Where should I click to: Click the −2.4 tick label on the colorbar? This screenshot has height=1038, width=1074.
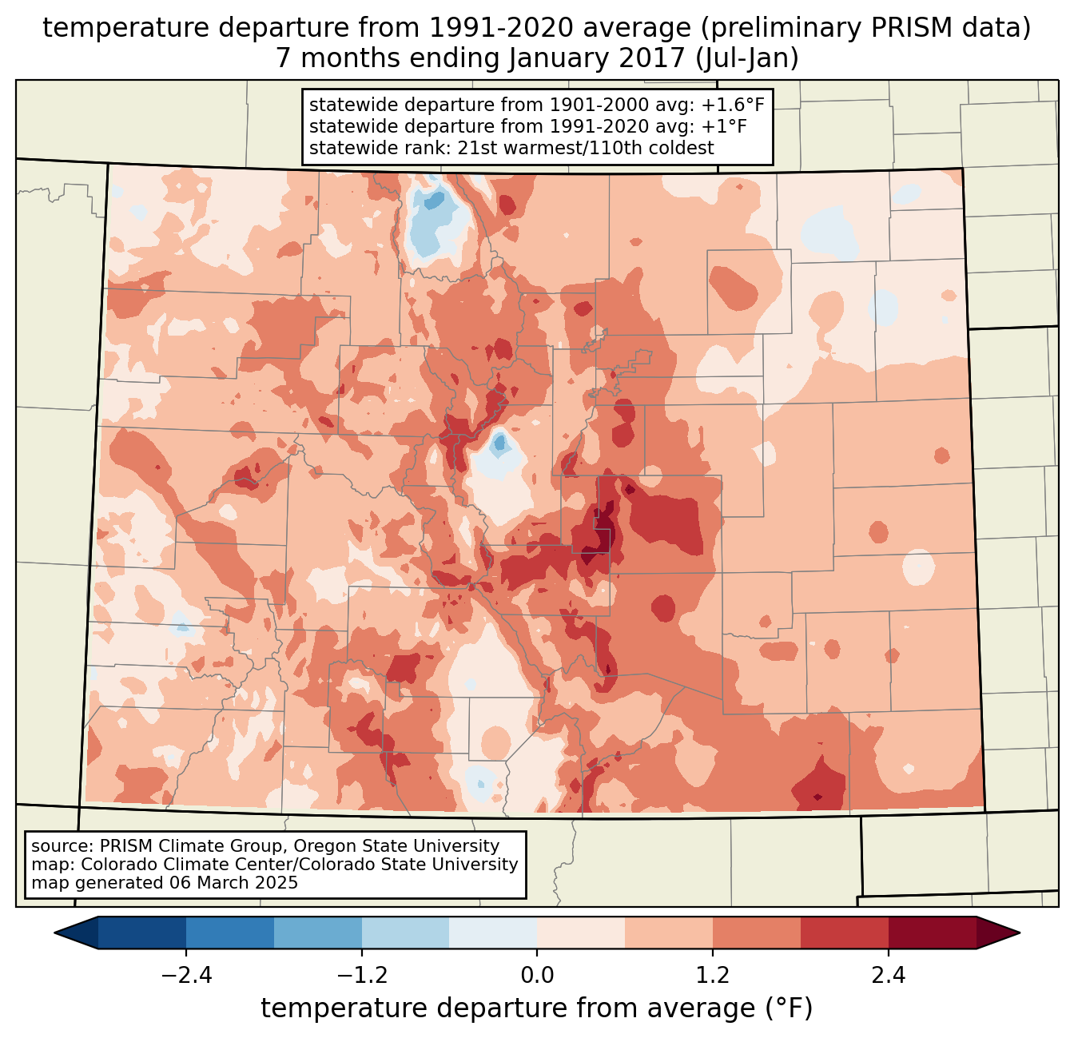point(185,976)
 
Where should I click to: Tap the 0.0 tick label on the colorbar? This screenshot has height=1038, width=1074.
point(537,976)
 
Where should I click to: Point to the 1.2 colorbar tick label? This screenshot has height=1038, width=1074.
point(713,976)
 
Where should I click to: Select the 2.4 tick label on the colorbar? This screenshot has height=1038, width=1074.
point(888,976)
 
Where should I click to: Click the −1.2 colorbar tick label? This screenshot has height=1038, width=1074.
point(361,976)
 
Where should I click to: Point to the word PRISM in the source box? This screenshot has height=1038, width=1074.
point(125,846)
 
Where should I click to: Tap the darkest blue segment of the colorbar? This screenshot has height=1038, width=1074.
point(142,933)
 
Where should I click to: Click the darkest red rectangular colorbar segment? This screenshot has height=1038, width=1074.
point(932,933)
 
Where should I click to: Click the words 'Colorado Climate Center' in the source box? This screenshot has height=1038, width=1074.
point(176,865)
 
